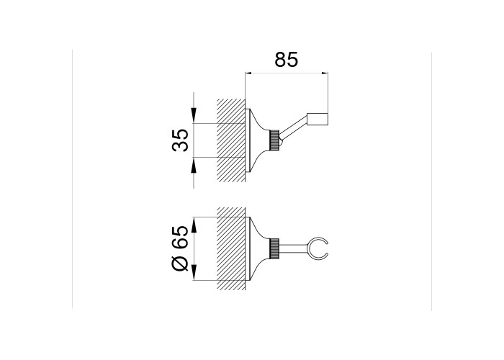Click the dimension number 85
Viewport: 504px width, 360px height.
287,60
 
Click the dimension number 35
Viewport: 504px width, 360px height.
180,140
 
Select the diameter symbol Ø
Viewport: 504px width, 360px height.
180,264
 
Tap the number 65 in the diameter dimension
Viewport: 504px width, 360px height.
180,237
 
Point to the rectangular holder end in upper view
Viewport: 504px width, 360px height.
318,119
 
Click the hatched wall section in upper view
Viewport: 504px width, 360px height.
231,140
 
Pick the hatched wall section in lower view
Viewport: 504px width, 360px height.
231,249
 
